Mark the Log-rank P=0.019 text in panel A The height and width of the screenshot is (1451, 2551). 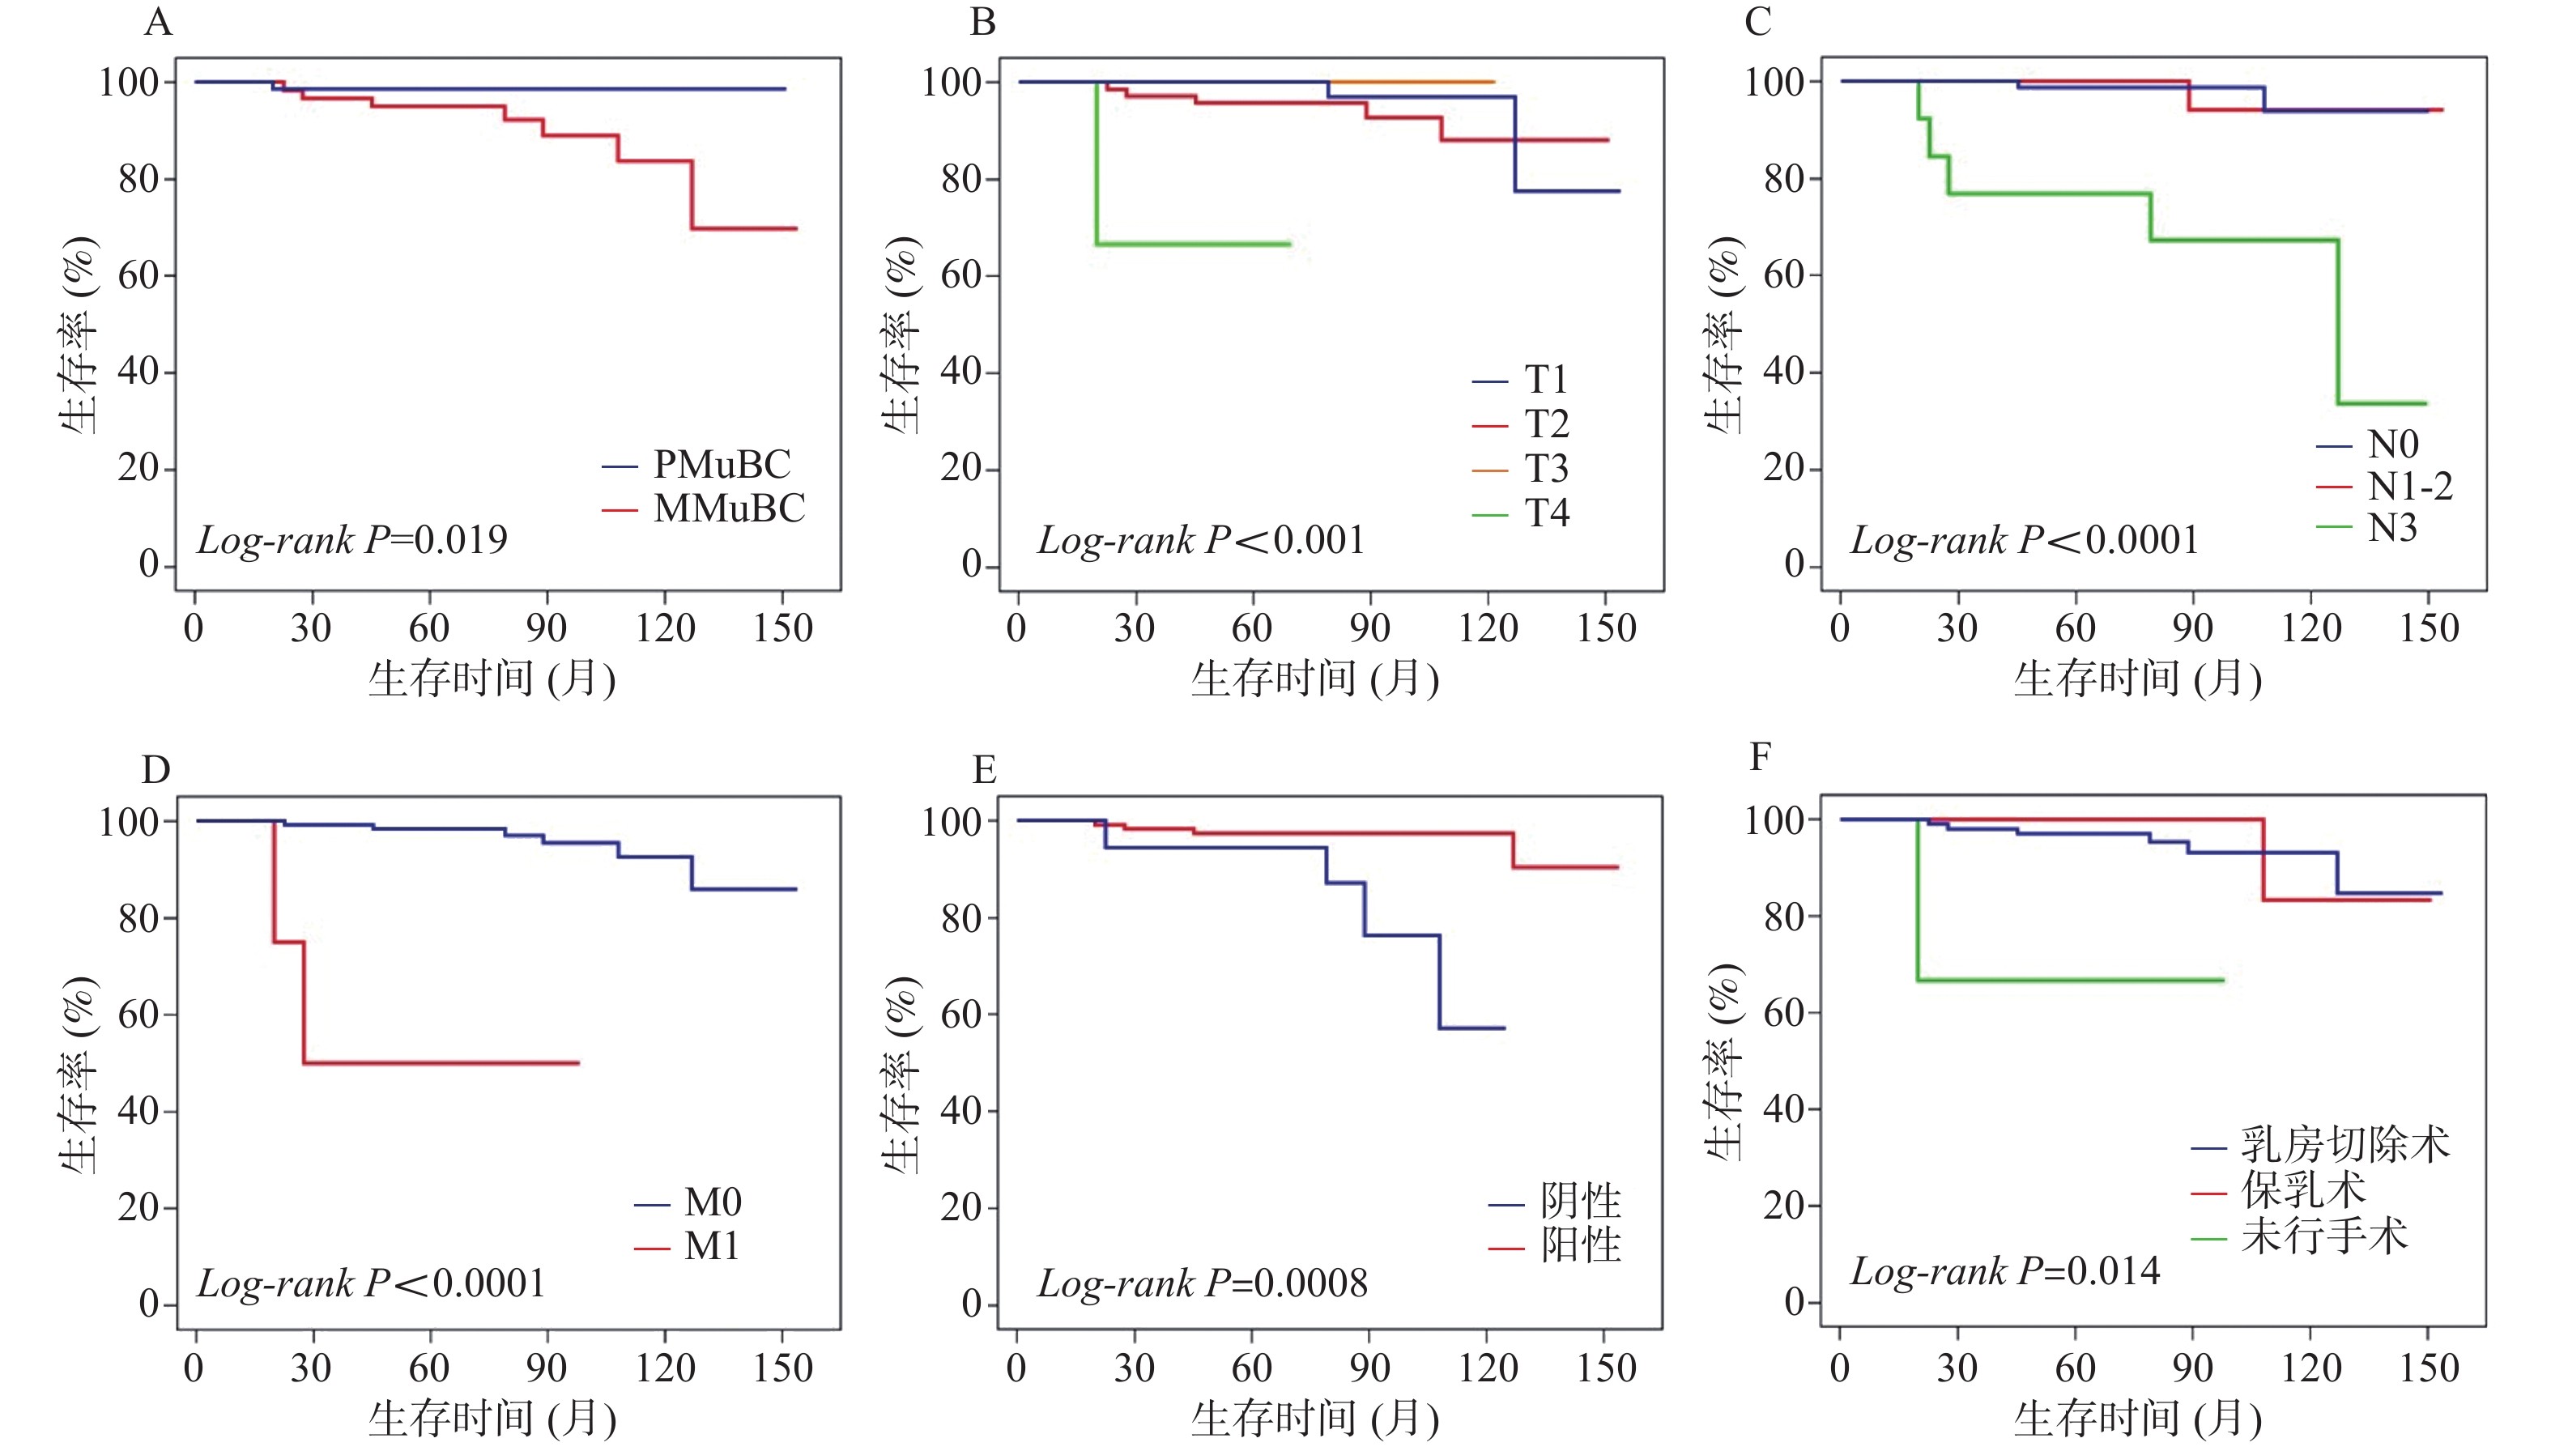pyautogui.click(x=351, y=540)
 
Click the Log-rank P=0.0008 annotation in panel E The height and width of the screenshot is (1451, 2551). pyautogui.click(x=1203, y=1283)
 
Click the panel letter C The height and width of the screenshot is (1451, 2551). pyautogui.click(x=1758, y=22)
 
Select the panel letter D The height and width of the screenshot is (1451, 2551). pyautogui.click(x=156, y=769)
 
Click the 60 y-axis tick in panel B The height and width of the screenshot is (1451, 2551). pyautogui.click(x=960, y=275)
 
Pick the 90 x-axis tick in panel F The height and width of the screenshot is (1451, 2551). pyautogui.click(x=2192, y=1368)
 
